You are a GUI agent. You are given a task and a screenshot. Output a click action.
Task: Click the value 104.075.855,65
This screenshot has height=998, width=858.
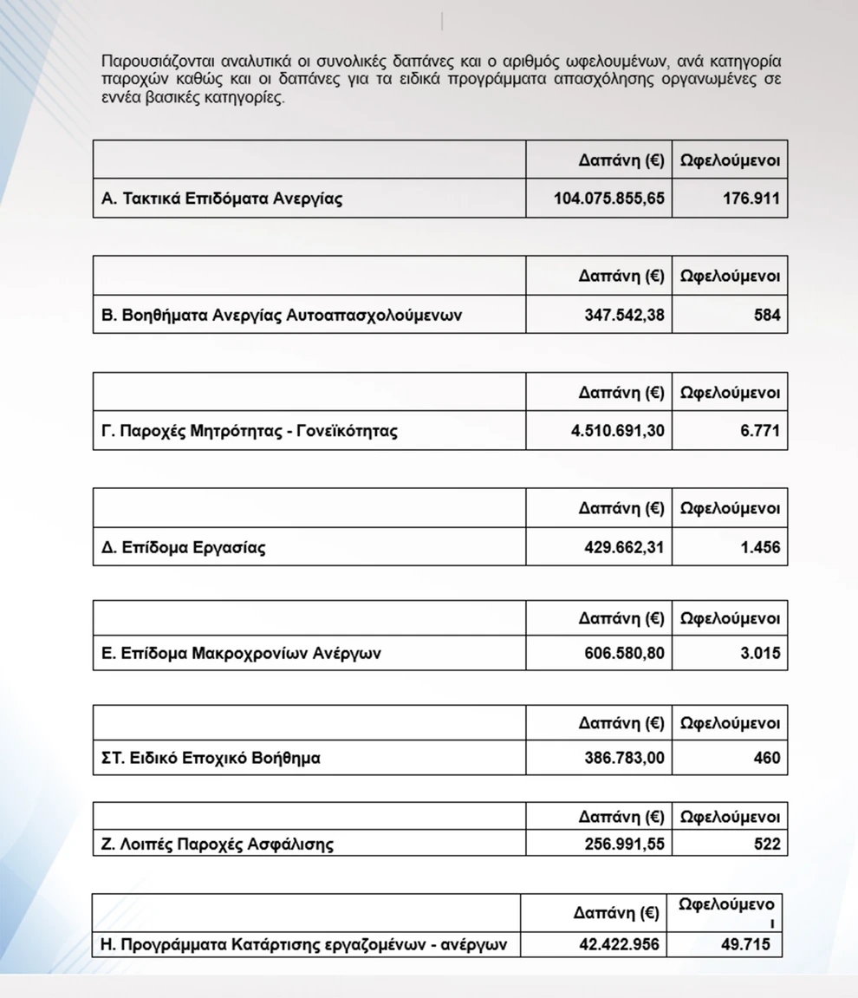pyautogui.click(x=609, y=199)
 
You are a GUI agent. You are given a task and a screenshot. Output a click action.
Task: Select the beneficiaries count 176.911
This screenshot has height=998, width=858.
pyautogui.click(x=751, y=199)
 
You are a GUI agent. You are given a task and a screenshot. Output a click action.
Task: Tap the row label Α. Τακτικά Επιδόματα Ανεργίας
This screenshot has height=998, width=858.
pyautogui.click(x=222, y=199)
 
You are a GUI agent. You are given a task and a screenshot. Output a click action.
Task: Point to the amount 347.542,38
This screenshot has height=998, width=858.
pyautogui.click(x=625, y=315)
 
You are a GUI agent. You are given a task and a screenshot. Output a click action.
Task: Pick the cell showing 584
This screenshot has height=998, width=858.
pyautogui.click(x=767, y=315)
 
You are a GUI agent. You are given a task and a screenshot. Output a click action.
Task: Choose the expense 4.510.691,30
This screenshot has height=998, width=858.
pyautogui.click(x=618, y=430)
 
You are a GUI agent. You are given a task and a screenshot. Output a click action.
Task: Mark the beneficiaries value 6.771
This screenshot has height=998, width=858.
pyautogui.click(x=760, y=430)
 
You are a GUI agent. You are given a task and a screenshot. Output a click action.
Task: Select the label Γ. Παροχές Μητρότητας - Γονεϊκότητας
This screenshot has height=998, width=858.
pyautogui.click(x=250, y=430)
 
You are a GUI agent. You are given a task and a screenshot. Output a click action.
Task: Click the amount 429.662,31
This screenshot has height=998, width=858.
pyautogui.click(x=625, y=547)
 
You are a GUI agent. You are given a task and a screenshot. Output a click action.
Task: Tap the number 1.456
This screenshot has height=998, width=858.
pyautogui.click(x=760, y=547)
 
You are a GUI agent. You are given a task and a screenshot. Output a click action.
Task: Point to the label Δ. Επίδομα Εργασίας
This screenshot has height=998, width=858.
pyautogui.click(x=184, y=547)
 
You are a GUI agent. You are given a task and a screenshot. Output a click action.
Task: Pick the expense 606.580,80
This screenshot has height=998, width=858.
pyautogui.click(x=625, y=653)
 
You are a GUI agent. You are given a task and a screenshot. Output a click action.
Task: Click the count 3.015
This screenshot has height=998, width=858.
pyautogui.click(x=760, y=653)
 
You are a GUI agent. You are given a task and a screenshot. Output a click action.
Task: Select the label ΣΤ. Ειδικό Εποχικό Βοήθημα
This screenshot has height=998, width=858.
pyautogui.click(x=211, y=758)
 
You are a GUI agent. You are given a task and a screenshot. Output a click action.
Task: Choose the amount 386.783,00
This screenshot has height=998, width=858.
pyautogui.click(x=625, y=758)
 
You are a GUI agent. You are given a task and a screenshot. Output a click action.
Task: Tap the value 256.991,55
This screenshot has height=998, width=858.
pyautogui.click(x=625, y=843)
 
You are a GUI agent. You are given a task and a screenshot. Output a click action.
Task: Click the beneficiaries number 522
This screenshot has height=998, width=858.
pyautogui.click(x=767, y=843)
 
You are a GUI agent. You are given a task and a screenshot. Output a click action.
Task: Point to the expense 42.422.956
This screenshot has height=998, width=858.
pyautogui.click(x=619, y=944)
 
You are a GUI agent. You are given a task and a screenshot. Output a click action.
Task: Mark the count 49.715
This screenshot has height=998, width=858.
pyautogui.click(x=744, y=944)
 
